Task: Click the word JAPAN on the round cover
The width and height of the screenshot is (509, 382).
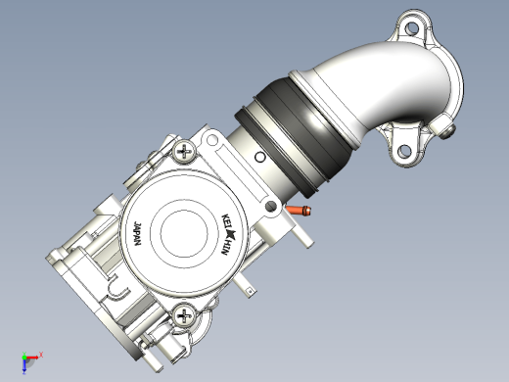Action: coord(138,234)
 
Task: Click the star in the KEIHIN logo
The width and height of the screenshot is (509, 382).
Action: coord(231,233)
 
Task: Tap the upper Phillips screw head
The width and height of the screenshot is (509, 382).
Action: coord(184,152)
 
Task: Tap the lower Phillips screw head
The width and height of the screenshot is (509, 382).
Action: coord(184,315)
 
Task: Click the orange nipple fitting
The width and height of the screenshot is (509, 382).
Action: coord(299,210)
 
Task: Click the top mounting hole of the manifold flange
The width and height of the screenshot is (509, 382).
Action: coord(412,28)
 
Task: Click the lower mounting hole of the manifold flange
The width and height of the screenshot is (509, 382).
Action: coord(404,151)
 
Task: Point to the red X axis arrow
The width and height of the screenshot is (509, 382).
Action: coord(31,358)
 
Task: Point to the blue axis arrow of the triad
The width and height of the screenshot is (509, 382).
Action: coord(24,365)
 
